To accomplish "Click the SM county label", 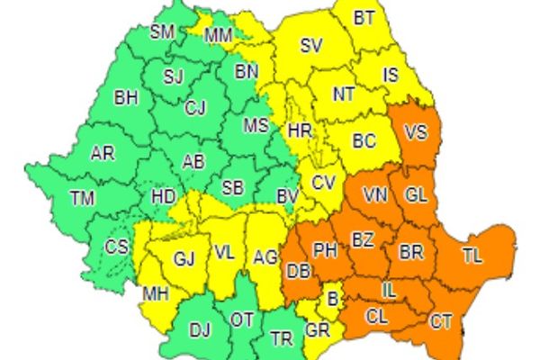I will pyautogui.click(x=162, y=32).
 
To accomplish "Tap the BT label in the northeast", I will pyautogui.click(x=364, y=17).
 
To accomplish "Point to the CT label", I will pyautogui.click(x=441, y=319).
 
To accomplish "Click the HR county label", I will pyautogui.click(x=299, y=131).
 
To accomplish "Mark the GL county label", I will pyautogui.click(x=416, y=194).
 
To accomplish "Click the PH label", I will pyautogui.click(x=324, y=247).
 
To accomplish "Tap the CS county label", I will pyautogui.click(x=117, y=247).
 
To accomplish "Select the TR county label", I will pyautogui.click(x=283, y=339).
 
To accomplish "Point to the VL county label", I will pyautogui.click(x=224, y=253).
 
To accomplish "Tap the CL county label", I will pyautogui.click(x=379, y=315).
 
